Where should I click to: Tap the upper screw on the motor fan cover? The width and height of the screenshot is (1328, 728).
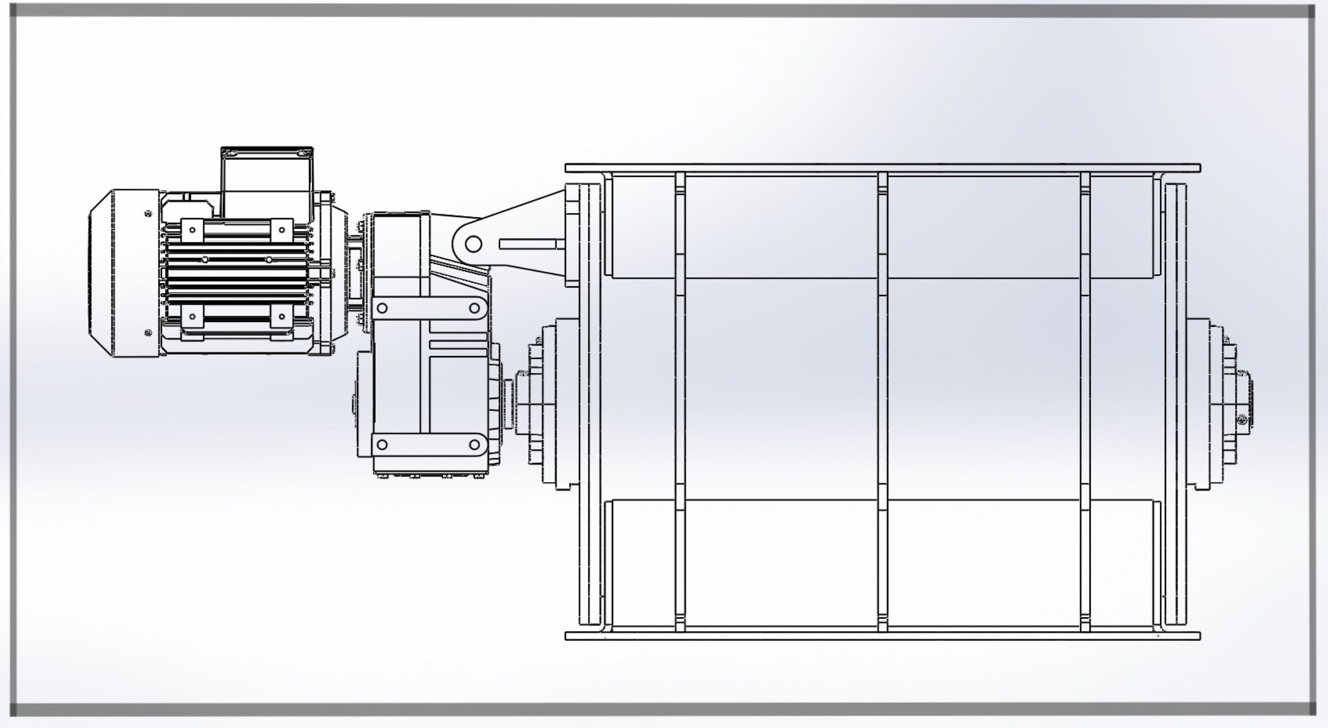(x=148, y=213)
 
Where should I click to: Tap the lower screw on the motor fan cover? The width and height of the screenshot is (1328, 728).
(x=148, y=333)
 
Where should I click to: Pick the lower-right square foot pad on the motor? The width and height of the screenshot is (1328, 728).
(x=282, y=316)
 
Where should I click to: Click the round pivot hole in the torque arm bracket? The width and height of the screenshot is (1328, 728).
(x=473, y=244)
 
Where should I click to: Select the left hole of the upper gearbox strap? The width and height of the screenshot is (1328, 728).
(x=382, y=308)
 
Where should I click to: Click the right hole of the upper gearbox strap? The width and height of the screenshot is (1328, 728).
(x=474, y=308)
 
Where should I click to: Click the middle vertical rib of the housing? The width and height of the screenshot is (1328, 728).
(x=883, y=402)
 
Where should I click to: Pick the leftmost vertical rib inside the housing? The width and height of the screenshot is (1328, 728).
(x=680, y=402)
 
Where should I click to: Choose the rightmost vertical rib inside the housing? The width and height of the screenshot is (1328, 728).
(x=1085, y=402)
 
